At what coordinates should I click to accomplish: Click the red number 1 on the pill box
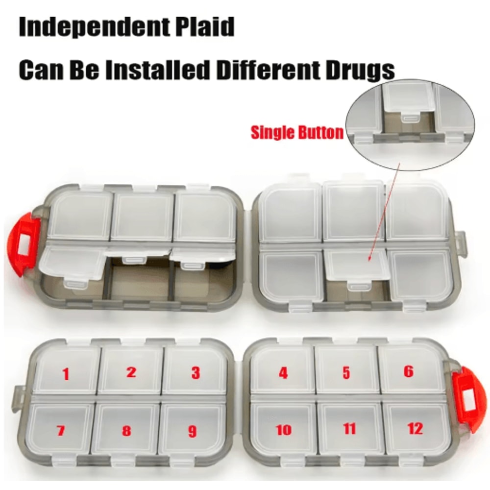pos(66,375)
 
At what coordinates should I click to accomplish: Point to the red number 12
pos(415,429)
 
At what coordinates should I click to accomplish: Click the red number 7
pos(61,431)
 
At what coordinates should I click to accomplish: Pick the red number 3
pos(196,373)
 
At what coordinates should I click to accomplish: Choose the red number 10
pos(284,430)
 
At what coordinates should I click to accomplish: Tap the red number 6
pos(409,371)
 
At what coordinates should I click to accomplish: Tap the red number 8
pos(126,431)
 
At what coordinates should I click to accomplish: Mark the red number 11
pos(349,429)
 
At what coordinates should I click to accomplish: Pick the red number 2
pos(131,372)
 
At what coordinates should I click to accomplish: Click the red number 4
pos(283,373)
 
